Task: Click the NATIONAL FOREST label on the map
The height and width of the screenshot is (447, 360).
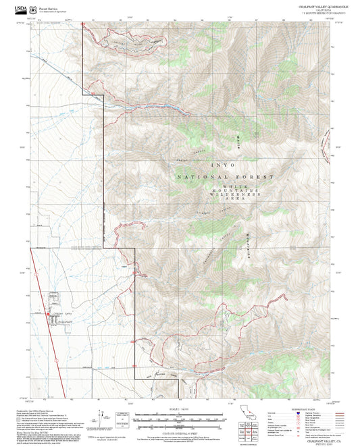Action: [226, 176]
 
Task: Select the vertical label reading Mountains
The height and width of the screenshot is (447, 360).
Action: [247, 248]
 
